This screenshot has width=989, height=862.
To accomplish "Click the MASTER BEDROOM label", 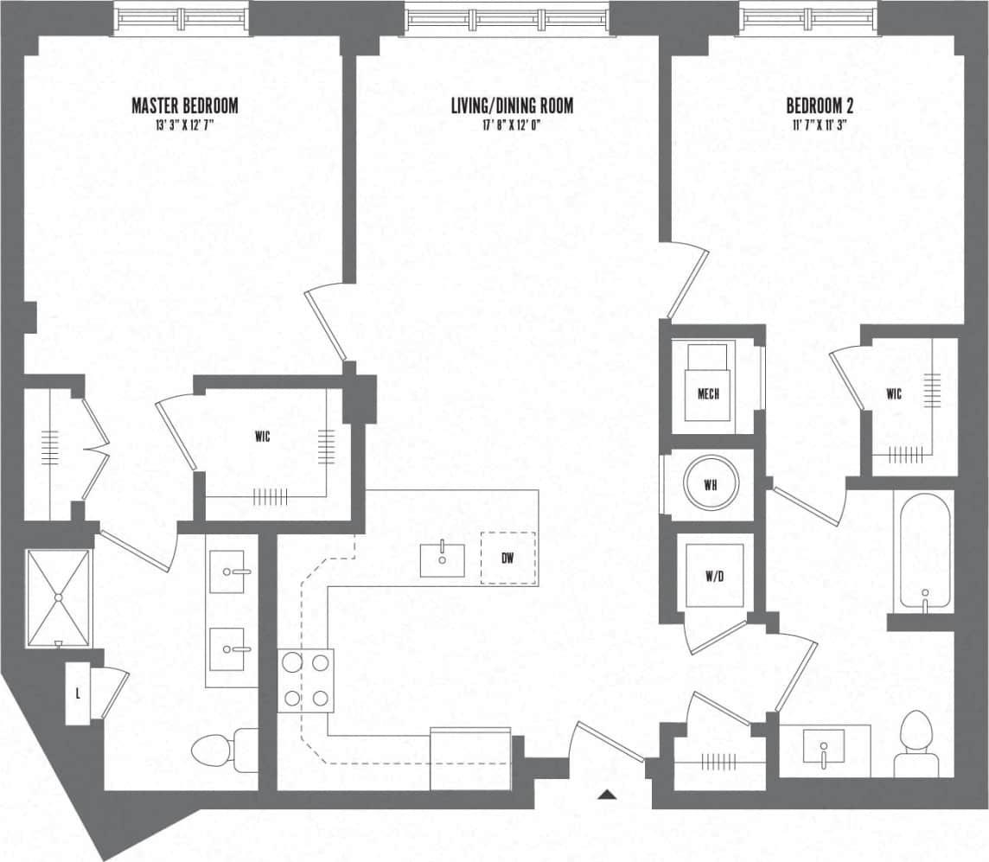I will coord(184,106).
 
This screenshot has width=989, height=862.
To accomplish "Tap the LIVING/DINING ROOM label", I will coord(512,106).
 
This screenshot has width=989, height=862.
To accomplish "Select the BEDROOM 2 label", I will coord(820,106).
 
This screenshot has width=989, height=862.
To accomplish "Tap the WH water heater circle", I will coord(711,485).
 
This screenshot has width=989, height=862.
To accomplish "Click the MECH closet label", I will coord(708,394).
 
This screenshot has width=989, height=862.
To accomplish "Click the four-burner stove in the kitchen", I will coord(306,680).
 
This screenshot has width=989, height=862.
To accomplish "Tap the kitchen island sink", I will coord(444,559).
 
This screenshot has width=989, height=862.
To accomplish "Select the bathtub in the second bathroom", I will coord(924,551).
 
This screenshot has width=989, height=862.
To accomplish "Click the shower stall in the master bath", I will coord(58,597).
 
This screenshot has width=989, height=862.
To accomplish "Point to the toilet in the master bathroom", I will coord(216,750).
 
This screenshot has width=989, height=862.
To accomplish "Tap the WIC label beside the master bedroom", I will coord(262,437).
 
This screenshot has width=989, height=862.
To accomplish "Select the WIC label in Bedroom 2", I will coord(894,395).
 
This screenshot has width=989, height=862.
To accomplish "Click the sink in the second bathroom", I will coord(824,746).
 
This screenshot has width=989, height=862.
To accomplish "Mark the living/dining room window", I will coord(508,18).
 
